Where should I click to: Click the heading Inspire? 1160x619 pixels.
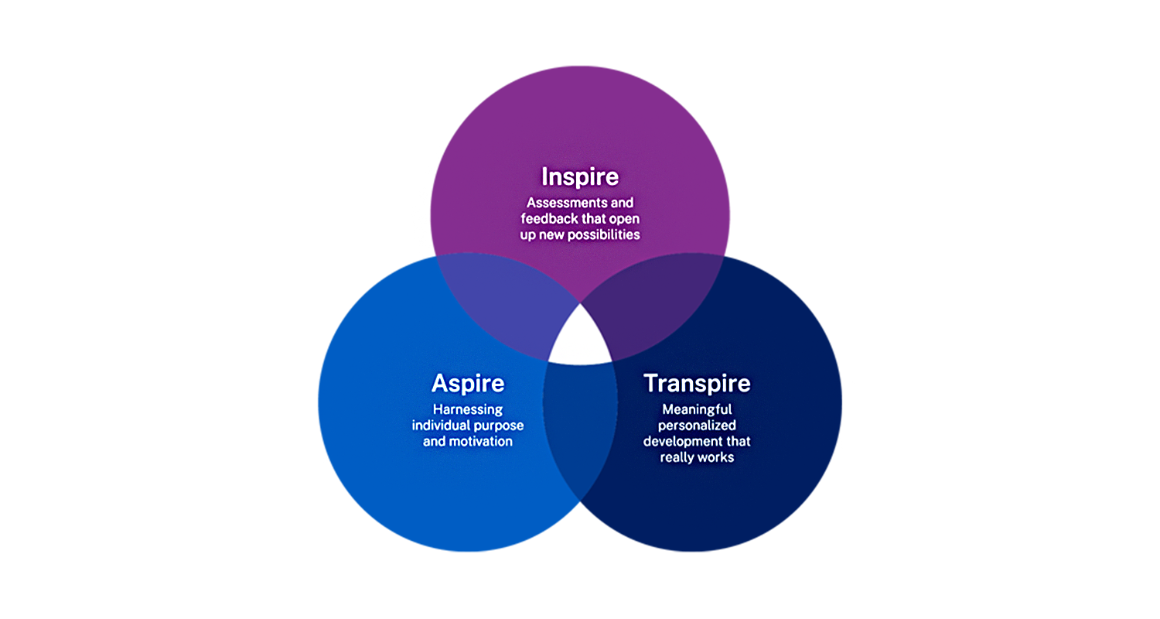click(x=580, y=176)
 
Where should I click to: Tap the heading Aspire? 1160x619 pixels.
click(x=468, y=383)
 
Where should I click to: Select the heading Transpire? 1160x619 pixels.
click(x=697, y=383)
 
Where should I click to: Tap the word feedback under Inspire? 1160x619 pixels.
click(x=551, y=218)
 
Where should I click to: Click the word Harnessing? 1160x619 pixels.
click(x=468, y=409)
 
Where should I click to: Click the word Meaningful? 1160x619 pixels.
click(x=697, y=409)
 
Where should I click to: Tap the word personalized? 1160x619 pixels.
click(x=697, y=426)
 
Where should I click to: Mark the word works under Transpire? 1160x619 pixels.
click(x=716, y=457)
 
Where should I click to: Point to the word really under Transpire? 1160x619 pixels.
click(x=677, y=457)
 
